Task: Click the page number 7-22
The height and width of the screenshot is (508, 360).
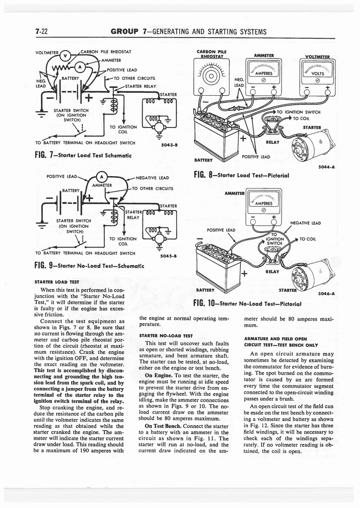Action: click(41, 32)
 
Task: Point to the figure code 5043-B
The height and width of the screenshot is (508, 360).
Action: click(170, 145)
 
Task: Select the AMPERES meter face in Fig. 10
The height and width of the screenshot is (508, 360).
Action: click(263, 203)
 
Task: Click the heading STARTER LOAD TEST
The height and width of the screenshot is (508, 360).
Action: click(54, 282)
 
